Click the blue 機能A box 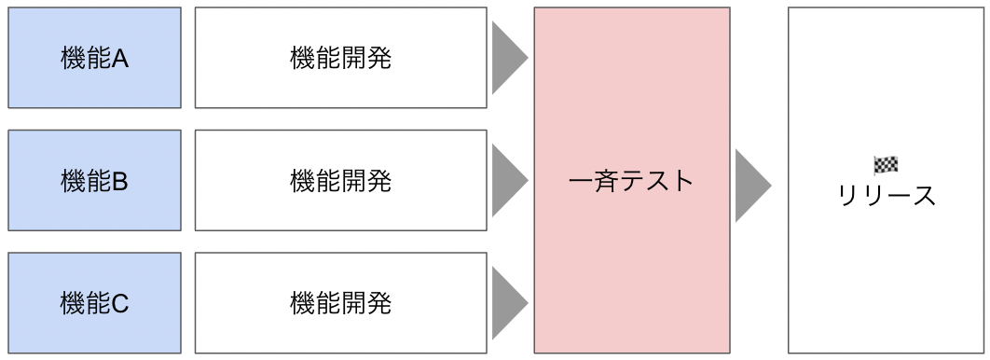click(94, 58)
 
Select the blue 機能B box click(94, 180)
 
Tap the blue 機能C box click(94, 302)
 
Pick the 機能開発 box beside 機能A click(340, 58)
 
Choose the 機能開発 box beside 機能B click(340, 180)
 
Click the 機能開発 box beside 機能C click(340, 302)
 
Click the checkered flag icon click(886, 165)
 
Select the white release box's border click(789, 280)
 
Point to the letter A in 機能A click(120, 59)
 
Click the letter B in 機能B click(120, 181)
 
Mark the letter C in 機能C click(120, 303)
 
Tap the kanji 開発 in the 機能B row click(365, 180)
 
